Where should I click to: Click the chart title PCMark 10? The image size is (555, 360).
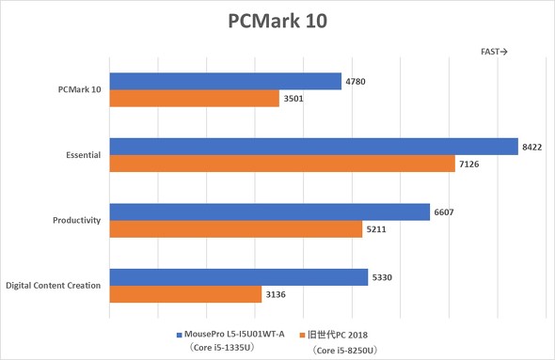277,21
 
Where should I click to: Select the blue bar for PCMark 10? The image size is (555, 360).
226,82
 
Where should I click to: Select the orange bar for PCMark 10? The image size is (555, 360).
195,99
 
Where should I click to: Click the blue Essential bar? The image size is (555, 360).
314,147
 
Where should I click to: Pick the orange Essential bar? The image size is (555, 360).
283,164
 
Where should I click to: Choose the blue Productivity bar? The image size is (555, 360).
270,211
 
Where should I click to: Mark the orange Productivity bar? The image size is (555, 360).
236,229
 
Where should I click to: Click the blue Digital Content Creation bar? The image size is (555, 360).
239,276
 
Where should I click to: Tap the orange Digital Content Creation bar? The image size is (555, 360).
186,294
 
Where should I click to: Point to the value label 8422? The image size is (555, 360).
532,147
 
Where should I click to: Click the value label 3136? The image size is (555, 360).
276,294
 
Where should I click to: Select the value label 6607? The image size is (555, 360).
444,211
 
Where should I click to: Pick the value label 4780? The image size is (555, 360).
357,82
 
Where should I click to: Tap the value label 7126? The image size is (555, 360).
469,164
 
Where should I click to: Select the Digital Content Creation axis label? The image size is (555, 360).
54,285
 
